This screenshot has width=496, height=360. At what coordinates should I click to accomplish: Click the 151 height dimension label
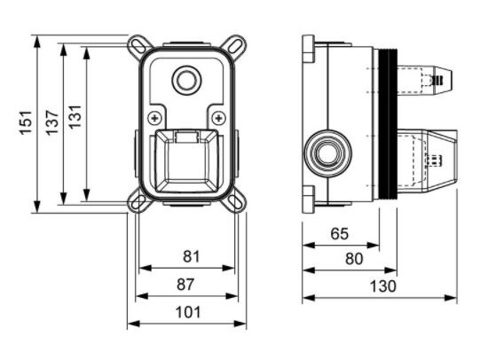pos(26,122)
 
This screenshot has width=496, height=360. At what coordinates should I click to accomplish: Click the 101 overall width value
pos(188,311)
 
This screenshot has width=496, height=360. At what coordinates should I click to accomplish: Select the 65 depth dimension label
pos(338,234)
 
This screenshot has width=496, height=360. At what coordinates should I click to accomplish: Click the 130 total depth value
pos(382,286)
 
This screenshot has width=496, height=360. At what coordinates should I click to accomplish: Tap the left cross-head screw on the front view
pos(155,117)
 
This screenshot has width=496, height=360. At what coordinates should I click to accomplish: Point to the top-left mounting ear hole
pos(138,43)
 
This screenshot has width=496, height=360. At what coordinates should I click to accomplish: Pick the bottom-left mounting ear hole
pos(138,203)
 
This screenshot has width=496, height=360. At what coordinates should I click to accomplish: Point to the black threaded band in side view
pos(387,123)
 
